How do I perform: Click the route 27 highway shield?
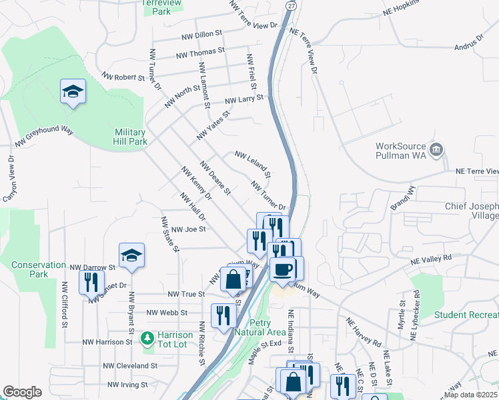291,5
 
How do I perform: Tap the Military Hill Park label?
130,137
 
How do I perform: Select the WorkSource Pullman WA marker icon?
436,149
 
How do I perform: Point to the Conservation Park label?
39,269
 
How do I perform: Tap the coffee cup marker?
283,268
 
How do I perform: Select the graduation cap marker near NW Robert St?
73,91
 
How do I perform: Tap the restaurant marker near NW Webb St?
223,315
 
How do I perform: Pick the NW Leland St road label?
252,165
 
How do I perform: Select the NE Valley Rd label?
431,258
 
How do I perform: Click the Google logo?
22,392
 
